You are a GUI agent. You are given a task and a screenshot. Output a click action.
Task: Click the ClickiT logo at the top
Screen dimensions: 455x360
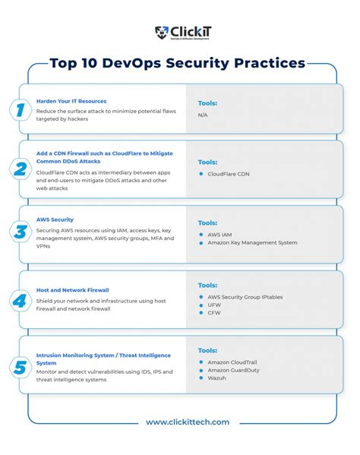point(179,33)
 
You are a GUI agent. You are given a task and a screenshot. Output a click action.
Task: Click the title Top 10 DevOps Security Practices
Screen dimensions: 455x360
point(178,63)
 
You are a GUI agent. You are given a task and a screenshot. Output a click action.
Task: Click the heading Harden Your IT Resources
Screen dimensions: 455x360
point(71,101)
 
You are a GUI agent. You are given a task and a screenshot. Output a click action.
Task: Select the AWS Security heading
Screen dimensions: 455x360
point(55,219)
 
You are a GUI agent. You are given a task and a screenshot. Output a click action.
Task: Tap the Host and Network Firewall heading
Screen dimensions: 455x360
point(73,289)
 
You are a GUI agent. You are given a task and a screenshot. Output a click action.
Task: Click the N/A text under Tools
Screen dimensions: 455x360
point(203,115)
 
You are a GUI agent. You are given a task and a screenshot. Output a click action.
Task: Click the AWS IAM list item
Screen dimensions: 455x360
point(221,234)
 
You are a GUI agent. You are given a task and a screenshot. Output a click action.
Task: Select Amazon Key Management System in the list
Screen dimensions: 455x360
point(252,243)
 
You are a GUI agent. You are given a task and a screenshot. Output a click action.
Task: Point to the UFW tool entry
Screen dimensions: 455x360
point(216,305)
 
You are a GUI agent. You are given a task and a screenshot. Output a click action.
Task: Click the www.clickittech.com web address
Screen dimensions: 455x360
point(187,422)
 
